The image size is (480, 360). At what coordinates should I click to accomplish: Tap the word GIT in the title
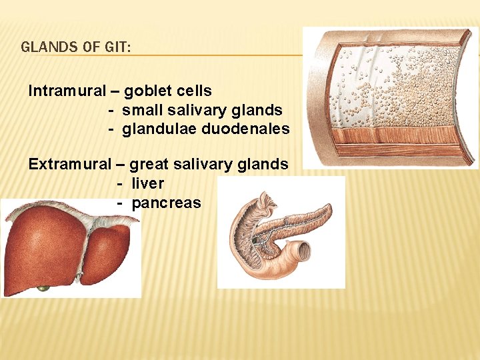point(117,47)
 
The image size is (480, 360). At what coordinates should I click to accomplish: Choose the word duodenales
point(250,129)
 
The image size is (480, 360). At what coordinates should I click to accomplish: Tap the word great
point(149,164)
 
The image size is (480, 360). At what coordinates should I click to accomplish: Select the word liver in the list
point(147,183)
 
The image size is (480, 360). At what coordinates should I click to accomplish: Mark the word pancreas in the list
point(166,203)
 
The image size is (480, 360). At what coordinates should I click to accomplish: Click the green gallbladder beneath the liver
point(44,288)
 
